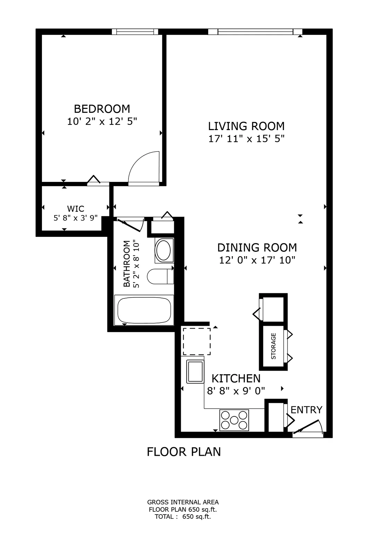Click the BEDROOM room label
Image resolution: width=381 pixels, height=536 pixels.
click(x=102, y=109)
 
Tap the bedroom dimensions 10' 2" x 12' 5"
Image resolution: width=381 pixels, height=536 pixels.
click(x=102, y=122)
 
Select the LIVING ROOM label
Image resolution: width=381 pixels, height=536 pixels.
click(x=246, y=126)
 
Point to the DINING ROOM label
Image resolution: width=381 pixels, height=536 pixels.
click(x=257, y=247)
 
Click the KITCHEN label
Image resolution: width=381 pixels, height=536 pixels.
click(x=236, y=378)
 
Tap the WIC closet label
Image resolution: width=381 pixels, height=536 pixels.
click(x=76, y=209)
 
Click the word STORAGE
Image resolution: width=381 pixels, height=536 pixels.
click(x=273, y=346)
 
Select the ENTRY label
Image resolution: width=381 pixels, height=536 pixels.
click(x=307, y=410)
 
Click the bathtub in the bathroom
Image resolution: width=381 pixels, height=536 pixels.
click(x=144, y=310)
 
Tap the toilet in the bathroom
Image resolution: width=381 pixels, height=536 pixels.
click(x=160, y=276)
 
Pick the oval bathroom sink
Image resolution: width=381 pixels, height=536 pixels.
click(x=164, y=250)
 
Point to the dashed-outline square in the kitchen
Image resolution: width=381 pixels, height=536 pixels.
click(x=197, y=341)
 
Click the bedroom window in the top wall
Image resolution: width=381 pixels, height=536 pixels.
click(x=135, y=32)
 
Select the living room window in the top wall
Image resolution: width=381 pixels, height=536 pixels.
click(x=255, y=32)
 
